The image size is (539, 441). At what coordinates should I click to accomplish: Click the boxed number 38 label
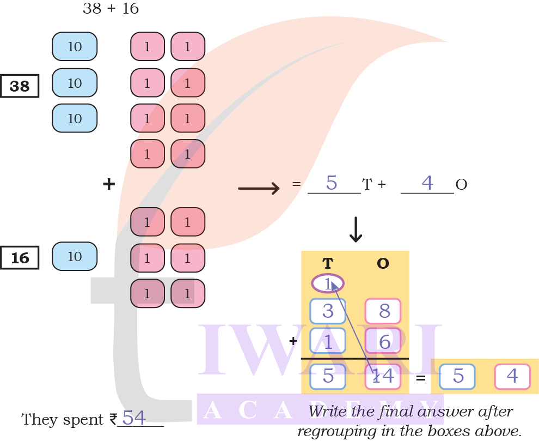tap(20, 86)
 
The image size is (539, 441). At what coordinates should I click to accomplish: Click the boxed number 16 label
tap(20, 258)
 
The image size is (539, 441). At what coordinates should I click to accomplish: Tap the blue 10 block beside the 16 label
tap(75, 257)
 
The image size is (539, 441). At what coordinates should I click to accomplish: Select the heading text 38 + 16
tap(111, 9)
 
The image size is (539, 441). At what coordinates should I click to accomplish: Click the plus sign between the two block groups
tap(109, 184)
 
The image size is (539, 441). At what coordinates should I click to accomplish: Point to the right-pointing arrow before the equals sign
tap(259, 189)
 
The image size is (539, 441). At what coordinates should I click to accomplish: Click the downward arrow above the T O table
tap(356, 229)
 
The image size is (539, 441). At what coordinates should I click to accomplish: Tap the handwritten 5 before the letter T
tap(332, 183)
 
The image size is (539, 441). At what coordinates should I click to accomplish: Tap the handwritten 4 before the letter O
tap(427, 183)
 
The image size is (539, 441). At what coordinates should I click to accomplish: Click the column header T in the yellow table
tap(327, 264)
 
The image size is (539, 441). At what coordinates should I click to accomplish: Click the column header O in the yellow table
tap(383, 264)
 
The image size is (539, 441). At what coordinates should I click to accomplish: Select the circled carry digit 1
tap(328, 283)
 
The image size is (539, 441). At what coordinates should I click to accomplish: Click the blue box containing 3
tap(328, 311)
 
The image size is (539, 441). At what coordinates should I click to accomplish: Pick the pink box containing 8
tap(383, 311)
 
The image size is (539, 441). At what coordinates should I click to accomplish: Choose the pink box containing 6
tap(383, 342)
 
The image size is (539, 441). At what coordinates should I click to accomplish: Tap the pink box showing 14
tap(383, 376)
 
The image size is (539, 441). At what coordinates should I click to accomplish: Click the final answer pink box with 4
tap(512, 376)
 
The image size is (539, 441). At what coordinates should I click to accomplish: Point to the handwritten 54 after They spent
tap(134, 418)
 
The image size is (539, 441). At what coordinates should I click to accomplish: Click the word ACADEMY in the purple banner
tap(320, 410)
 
